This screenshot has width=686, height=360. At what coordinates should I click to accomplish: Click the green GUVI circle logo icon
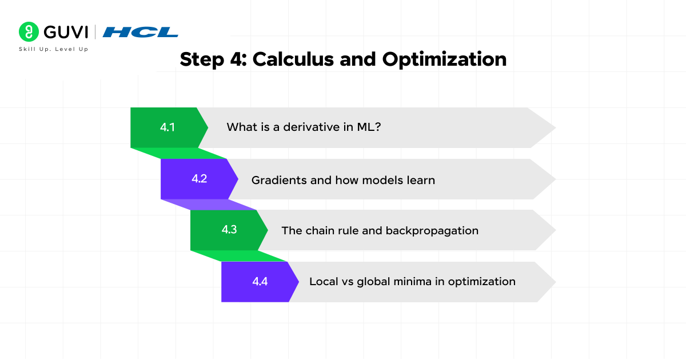click(x=29, y=32)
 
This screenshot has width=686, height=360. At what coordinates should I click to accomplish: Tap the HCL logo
click(x=140, y=32)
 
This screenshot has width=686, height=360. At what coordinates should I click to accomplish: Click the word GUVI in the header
click(x=66, y=32)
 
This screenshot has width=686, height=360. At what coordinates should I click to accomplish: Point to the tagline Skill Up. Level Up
click(x=54, y=49)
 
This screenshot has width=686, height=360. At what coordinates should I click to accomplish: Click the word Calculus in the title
click(x=293, y=59)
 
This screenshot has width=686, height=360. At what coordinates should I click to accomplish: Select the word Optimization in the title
click(x=444, y=59)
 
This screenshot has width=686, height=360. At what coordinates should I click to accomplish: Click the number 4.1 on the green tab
click(x=167, y=127)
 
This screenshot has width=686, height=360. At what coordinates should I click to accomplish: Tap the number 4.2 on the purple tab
click(x=200, y=178)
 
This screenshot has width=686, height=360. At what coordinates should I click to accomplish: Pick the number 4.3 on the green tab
click(x=229, y=229)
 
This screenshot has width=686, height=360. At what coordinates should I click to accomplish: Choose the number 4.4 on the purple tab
click(x=260, y=281)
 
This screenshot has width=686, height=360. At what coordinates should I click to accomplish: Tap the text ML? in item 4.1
click(x=369, y=127)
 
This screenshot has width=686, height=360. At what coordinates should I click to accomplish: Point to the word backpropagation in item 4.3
click(x=432, y=231)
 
